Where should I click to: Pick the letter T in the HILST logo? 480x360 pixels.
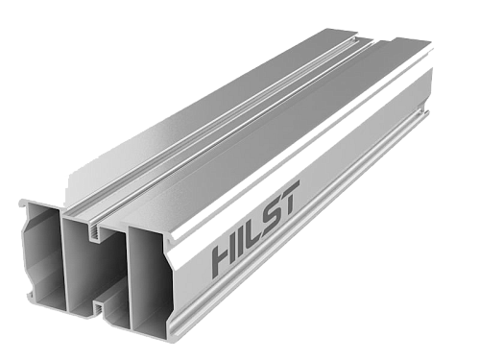290,197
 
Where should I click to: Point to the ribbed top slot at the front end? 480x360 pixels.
94,232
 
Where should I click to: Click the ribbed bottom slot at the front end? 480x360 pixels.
100,310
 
